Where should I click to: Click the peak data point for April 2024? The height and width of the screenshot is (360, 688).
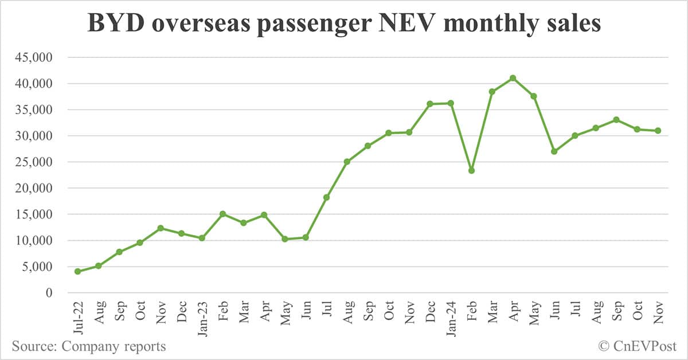[x=513, y=78]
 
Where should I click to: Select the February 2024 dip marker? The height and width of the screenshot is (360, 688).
[x=471, y=170]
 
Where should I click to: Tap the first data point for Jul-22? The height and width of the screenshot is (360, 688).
[x=77, y=271]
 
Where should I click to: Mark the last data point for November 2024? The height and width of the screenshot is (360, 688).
[x=658, y=131]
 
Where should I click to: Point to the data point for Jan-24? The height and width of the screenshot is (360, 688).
[x=451, y=103]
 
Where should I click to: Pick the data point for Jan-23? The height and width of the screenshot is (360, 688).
[x=202, y=238]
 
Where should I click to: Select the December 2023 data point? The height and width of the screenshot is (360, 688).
[x=430, y=104]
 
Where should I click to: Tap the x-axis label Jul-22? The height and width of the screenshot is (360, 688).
[x=79, y=318]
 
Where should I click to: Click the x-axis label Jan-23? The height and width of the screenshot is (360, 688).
[x=202, y=319]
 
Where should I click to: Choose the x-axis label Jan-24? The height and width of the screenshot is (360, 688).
[x=451, y=319]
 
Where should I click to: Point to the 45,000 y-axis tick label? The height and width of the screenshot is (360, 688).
[x=37, y=57]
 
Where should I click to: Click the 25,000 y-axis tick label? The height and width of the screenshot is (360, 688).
[x=37, y=162]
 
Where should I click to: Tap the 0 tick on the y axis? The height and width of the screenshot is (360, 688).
[x=49, y=293]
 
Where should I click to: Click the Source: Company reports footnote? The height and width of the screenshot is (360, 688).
[x=88, y=346]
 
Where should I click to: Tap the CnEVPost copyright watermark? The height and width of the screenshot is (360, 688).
[x=638, y=346]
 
